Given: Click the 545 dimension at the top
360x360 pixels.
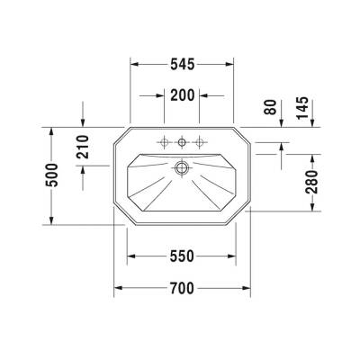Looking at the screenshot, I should click(183, 64).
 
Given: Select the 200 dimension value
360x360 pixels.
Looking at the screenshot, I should click(183, 95).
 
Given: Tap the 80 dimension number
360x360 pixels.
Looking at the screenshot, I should click(271, 108).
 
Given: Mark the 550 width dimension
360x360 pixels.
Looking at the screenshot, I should click(183, 256).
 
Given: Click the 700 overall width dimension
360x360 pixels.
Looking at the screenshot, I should click(183, 288).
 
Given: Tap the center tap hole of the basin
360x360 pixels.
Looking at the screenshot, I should click(183, 141).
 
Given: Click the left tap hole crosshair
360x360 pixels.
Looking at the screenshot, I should click(165, 141).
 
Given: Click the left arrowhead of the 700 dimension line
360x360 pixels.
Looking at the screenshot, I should click(118, 288).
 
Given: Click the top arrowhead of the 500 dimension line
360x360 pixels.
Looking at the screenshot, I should click(52, 132).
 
